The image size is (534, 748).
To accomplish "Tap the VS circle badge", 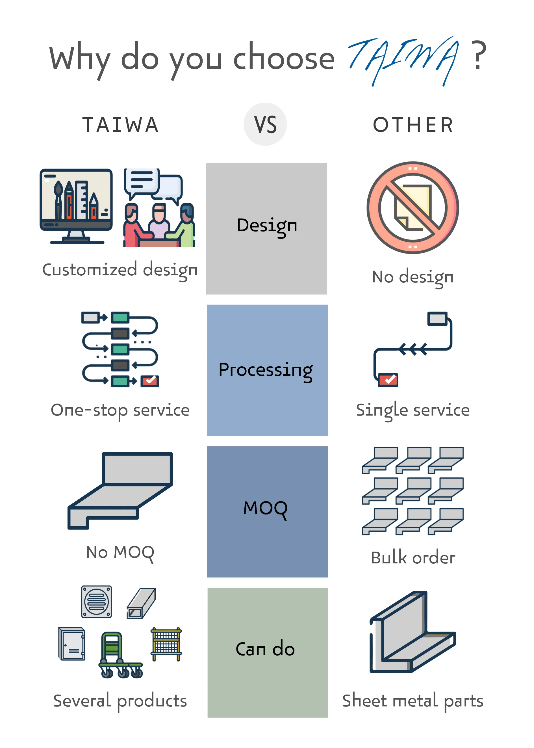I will point(265,124).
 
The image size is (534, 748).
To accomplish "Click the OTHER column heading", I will point(413,125).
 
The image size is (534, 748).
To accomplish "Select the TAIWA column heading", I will point(121,125).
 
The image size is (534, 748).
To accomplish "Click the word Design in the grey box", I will point(267,226).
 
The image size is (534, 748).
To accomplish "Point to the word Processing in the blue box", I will point(266,370).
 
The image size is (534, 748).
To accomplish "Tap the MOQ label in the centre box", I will point(265,508).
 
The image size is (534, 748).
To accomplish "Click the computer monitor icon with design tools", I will point(76,206).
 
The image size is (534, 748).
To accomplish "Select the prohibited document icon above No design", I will point(413,207).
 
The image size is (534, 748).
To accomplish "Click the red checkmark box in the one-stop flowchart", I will point(150,381).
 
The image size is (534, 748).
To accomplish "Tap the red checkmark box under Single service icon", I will point(388,380).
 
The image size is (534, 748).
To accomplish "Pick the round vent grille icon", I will point(96,602).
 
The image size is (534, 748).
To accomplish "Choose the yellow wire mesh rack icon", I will point(166,644).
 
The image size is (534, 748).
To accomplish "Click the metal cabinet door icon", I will point(72,643).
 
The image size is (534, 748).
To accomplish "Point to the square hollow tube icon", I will point(141,604).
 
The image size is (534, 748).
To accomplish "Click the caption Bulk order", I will point(413,558).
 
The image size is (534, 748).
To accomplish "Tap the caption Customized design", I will point(120,270).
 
